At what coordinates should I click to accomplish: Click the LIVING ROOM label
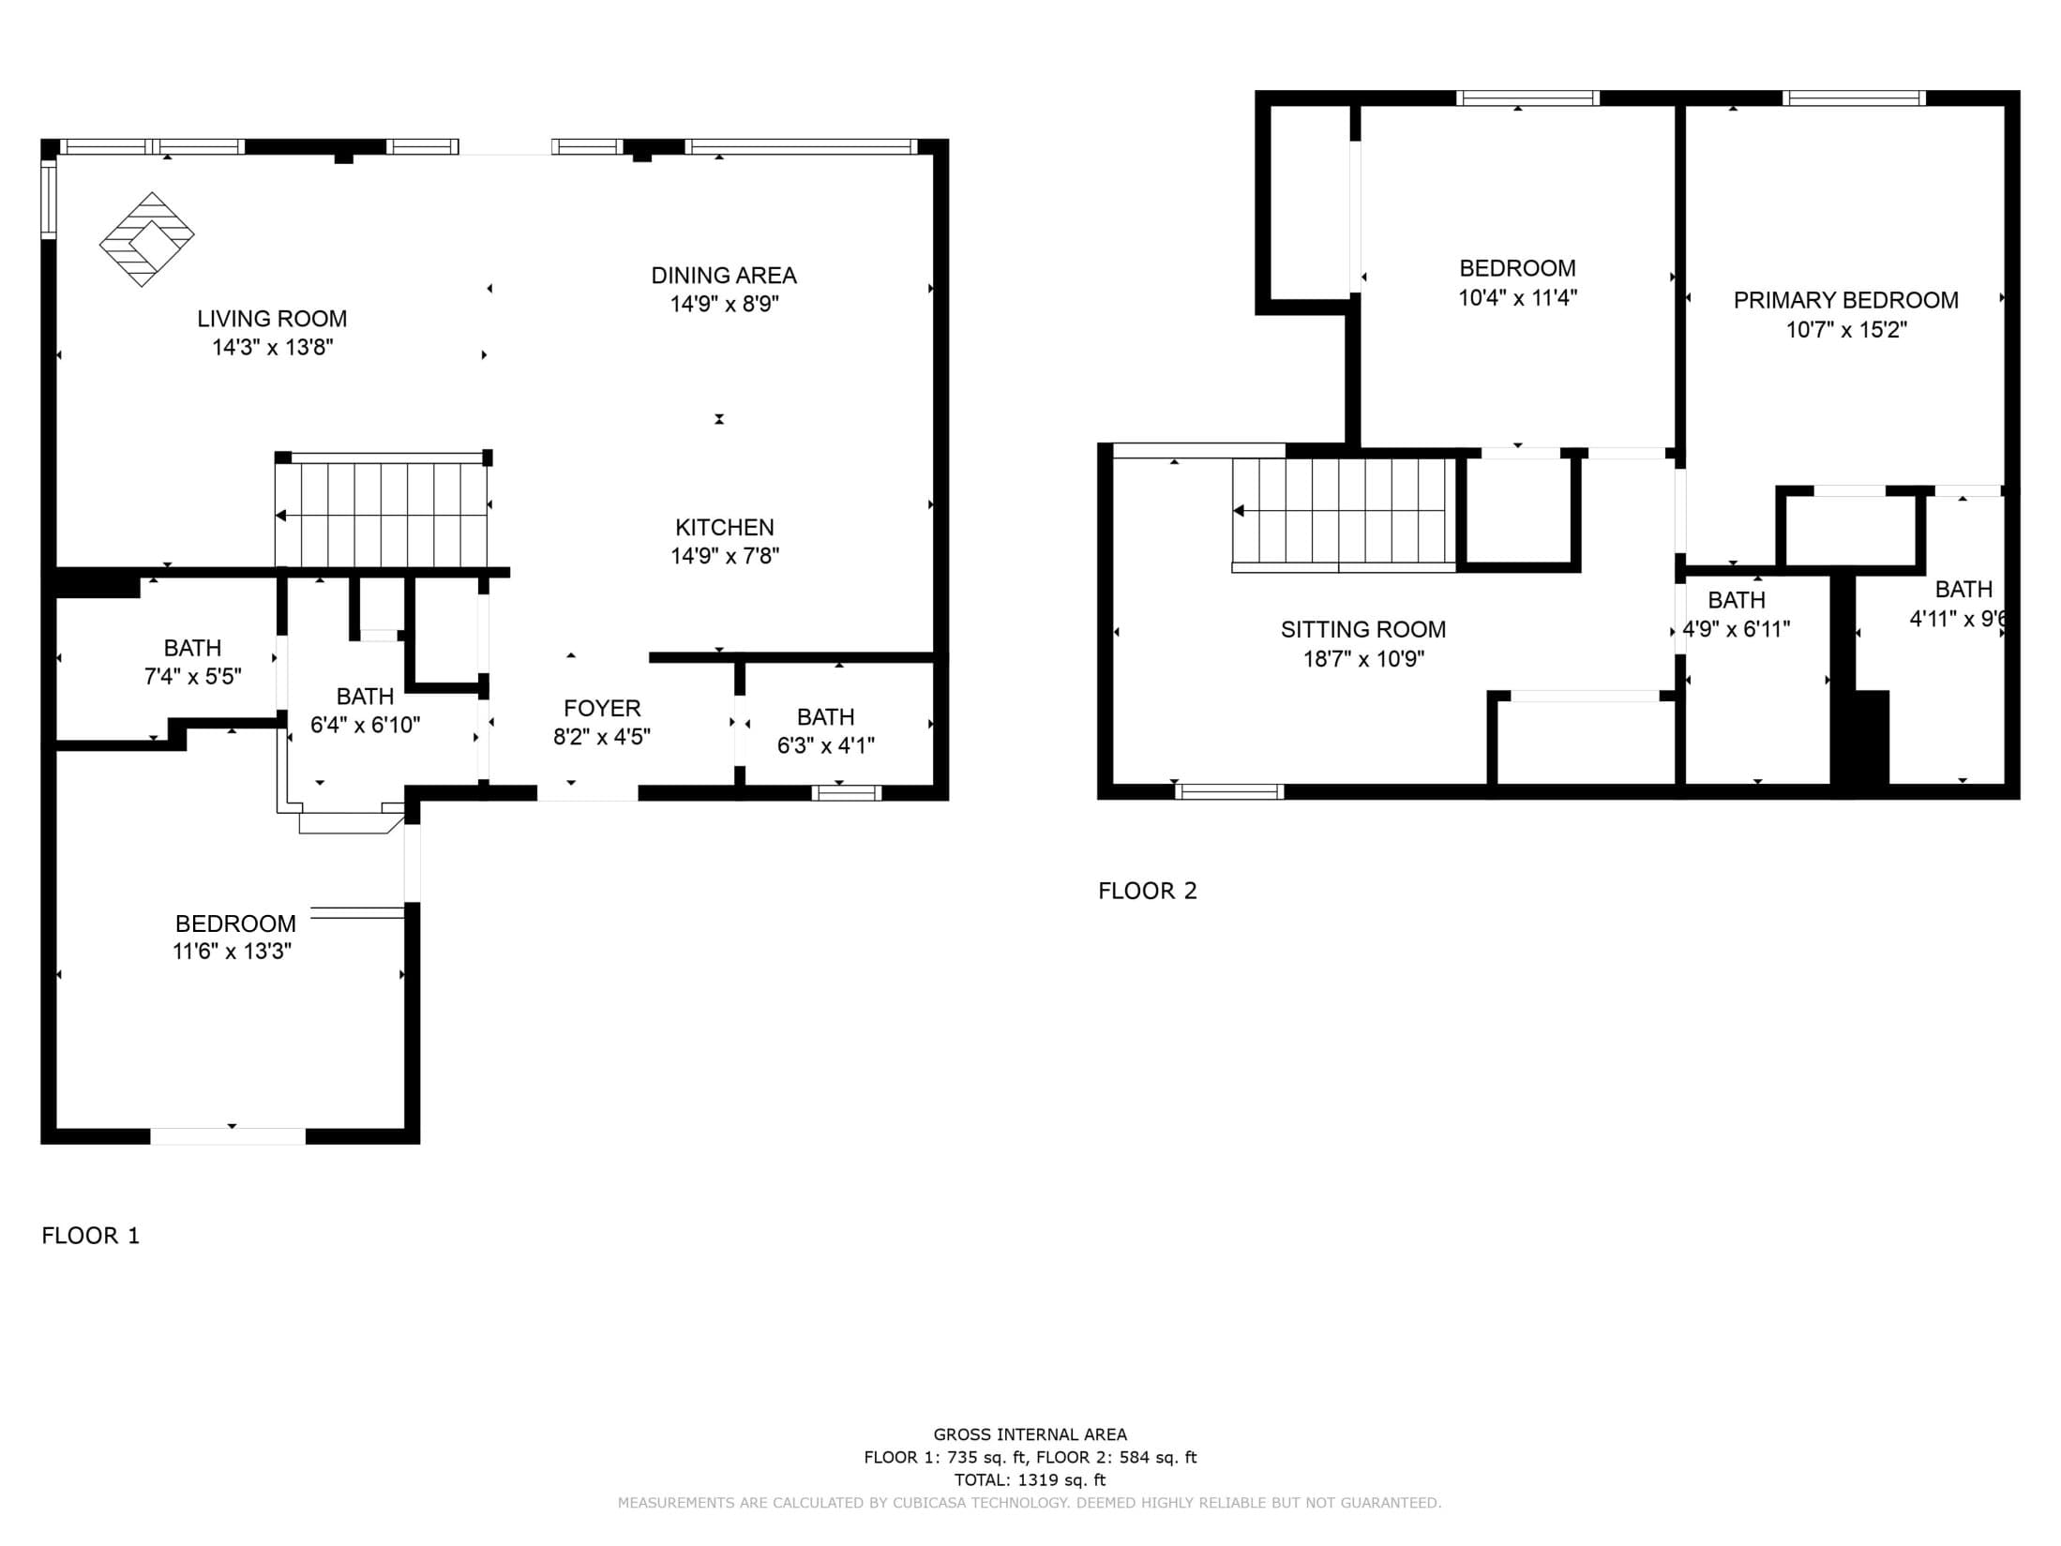[x=272, y=319]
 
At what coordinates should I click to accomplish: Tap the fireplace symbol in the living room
[x=147, y=239]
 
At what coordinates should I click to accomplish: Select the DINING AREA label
[x=724, y=276]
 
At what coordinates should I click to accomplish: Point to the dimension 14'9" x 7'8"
[x=725, y=556]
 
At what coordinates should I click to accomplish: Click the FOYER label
[x=602, y=708]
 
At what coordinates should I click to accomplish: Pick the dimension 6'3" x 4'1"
[x=826, y=745]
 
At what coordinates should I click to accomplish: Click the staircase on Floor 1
[x=382, y=511]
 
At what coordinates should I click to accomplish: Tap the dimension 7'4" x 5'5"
[x=193, y=676]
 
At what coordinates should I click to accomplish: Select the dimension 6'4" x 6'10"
[x=366, y=725]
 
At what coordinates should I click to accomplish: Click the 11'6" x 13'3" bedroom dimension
[x=233, y=952]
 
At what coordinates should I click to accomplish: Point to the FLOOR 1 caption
[x=91, y=1236]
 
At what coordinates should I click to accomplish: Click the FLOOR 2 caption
[x=1148, y=891]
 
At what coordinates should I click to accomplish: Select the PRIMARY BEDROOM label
[x=1846, y=300]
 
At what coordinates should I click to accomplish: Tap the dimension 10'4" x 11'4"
[x=1518, y=298]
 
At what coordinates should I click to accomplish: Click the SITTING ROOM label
[x=1363, y=630]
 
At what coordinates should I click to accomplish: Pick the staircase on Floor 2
[x=1344, y=514]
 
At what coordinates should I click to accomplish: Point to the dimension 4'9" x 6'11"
[x=1737, y=629]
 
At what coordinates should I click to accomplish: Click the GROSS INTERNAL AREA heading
[x=1030, y=1434]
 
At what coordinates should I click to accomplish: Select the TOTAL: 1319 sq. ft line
[x=1030, y=1480]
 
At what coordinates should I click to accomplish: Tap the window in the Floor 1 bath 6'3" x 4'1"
[x=847, y=793]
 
